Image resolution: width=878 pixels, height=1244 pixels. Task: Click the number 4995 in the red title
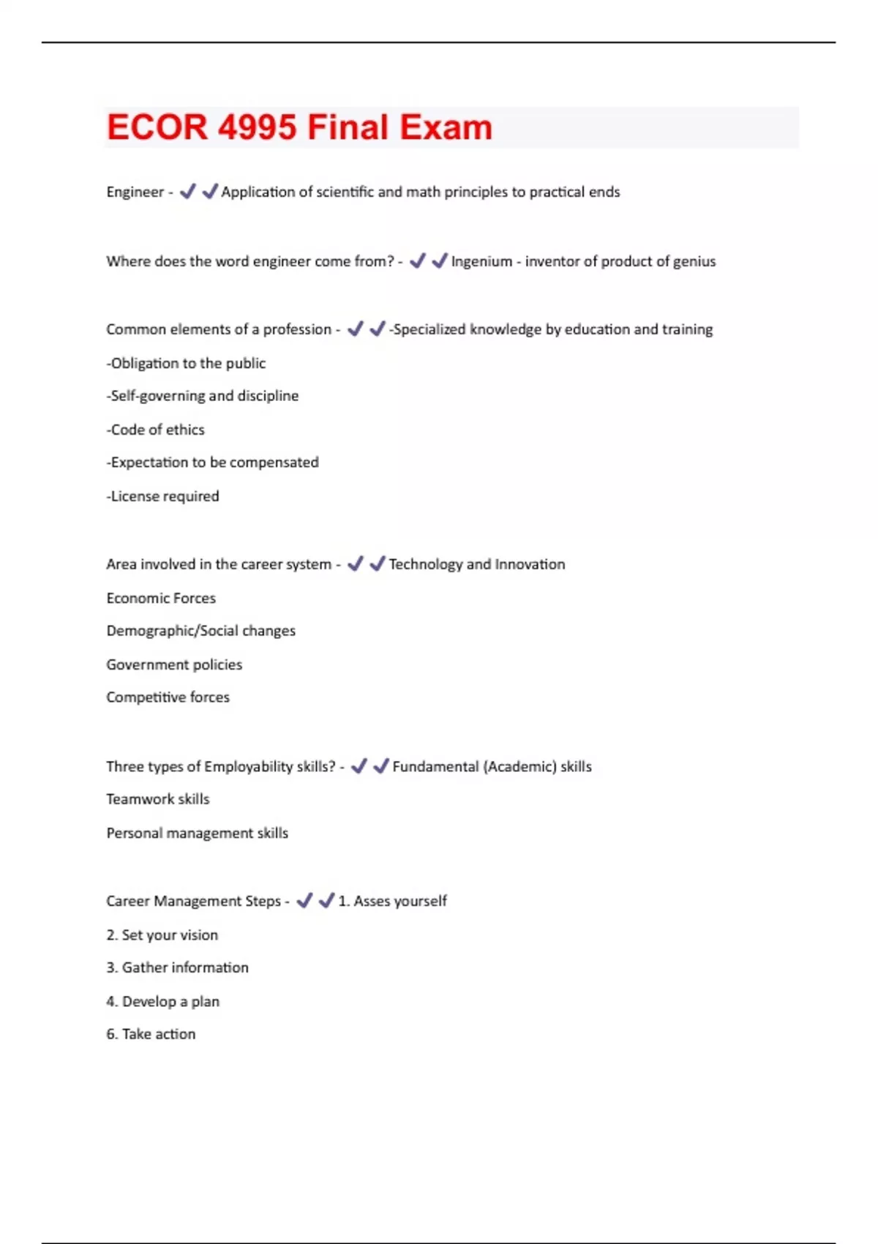click(257, 127)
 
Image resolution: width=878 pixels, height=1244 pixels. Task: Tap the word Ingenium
click(481, 261)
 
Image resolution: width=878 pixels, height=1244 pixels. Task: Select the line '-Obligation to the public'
click(186, 363)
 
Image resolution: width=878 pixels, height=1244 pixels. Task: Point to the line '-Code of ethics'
click(155, 430)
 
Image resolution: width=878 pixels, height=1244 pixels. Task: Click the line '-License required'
click(162, 496)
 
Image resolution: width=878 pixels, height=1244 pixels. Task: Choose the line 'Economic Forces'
click(161, 598)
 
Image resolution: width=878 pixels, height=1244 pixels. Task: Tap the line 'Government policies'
click(174, 664)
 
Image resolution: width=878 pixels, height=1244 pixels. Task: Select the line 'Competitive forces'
click(168, 697)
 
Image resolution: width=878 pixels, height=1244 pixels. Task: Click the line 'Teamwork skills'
click(157, 799)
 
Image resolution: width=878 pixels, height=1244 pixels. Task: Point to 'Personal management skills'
click(197, 833)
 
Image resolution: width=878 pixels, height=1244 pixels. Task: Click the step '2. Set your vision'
click(162, 934)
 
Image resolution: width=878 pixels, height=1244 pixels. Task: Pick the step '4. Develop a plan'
click(162, 1001)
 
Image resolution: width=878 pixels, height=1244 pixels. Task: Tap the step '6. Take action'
click(151, 1034)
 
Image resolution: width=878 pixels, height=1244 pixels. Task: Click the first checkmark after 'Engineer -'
click(188, 191)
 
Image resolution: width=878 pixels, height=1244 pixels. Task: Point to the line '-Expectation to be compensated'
click(212, 462)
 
